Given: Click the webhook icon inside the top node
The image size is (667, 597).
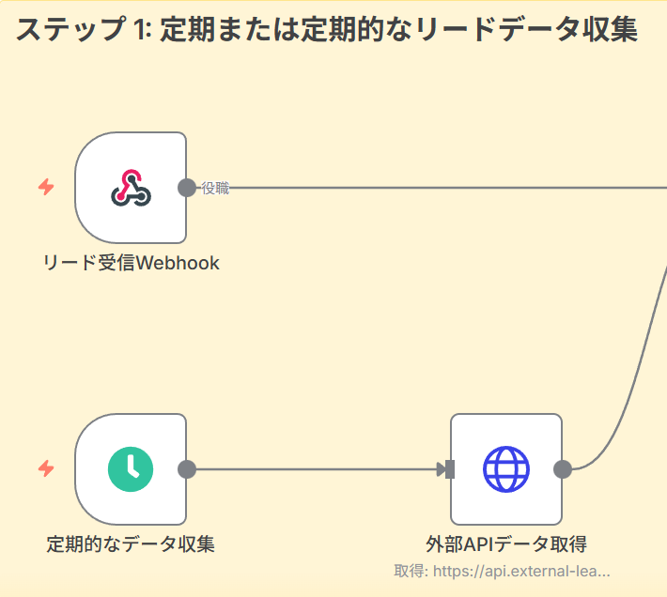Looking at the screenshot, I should click(x=131, y=188).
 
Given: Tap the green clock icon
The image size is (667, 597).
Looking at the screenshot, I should click(x=131, y=469).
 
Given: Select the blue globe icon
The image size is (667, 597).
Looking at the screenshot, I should click(x=506, y=469).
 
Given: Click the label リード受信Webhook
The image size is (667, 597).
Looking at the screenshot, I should click(x=132, y=263).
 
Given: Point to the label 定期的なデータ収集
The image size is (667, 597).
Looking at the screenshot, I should click(x=131, y=543).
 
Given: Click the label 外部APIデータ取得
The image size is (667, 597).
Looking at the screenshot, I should click(x=506, y=543).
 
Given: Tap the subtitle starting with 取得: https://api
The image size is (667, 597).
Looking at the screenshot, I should click(x=503, y=571).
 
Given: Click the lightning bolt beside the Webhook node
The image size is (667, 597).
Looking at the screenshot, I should click(x=46, y=188).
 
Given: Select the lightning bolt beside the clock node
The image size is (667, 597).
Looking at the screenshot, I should click(x=46, y=468).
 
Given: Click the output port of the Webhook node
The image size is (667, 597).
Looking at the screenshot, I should click(x=187, y=188).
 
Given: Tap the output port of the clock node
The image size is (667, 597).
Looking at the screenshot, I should click(x=187, y=469).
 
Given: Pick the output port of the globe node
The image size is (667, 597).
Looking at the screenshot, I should click(x=563, y=469).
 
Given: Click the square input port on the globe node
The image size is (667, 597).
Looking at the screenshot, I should click(x=450, y=469).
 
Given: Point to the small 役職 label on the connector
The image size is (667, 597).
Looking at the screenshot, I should click(x=215, y=189).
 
